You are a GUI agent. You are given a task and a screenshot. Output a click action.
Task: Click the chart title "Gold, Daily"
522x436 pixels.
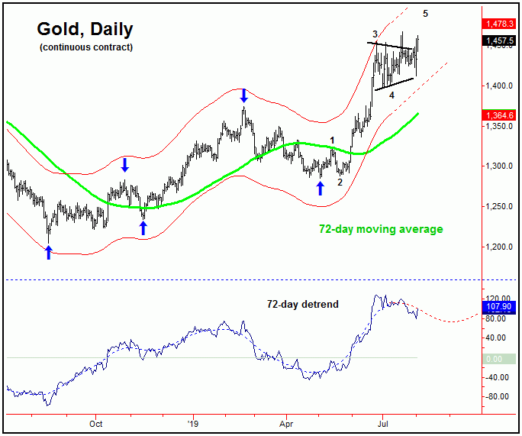[85, 30]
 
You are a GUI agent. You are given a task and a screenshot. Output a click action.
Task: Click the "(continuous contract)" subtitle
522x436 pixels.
[86, 47]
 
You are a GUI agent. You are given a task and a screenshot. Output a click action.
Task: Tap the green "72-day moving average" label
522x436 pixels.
[381, 228]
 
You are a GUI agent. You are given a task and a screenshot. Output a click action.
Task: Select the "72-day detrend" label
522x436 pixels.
[302, 305]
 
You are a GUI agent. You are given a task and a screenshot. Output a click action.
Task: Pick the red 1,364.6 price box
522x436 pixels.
[501, 115]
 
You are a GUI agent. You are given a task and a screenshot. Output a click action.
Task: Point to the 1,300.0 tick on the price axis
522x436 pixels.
[500, 166]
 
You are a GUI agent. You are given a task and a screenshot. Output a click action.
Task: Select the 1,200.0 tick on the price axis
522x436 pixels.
[500, 247]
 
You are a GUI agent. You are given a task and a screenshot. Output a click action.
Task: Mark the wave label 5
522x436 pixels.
[426, 13]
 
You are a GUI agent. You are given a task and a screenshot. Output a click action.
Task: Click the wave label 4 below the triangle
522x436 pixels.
[391, 95]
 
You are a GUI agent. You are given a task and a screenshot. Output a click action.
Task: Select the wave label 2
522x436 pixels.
[340, 182]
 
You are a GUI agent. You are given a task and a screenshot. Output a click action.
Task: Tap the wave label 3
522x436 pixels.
[375, 34]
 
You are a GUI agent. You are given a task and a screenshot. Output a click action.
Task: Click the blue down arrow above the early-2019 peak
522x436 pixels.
[243, 95]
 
